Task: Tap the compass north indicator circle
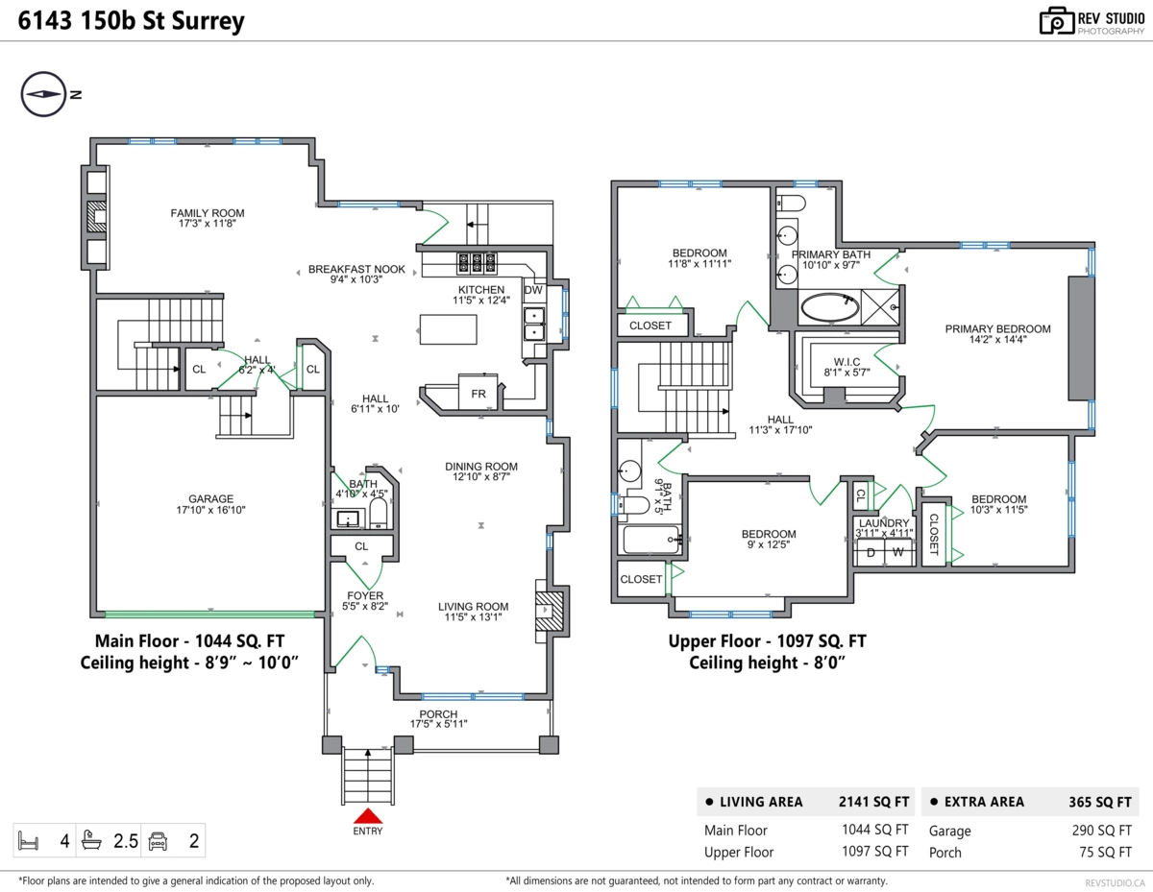point(43,94)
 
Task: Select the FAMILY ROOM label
point(208,213)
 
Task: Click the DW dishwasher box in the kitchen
point(533,290)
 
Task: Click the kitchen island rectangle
point(449,329)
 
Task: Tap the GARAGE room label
point(210,498)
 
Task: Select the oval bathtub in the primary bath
point(829,307)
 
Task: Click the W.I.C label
point(846,361)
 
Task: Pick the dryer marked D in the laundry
point(871,552)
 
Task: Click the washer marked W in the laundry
point(897,552)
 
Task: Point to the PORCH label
point(438,714)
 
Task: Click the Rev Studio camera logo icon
point(1057,21)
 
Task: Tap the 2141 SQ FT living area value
point(874,802)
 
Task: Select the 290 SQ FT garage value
point(1101,831)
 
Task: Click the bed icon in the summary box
point(28,841)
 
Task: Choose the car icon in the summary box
point(158,841)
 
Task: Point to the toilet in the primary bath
point(791,203)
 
